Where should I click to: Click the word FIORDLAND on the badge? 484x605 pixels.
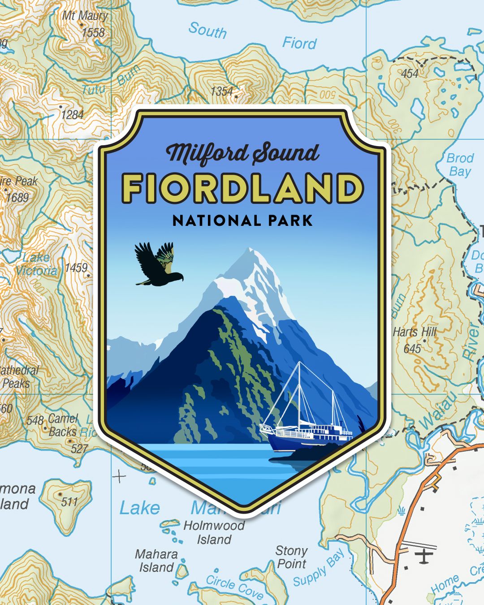pos(242,188)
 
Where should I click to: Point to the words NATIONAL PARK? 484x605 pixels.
pos(242,220)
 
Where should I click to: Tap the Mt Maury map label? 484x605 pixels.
pos(85,16)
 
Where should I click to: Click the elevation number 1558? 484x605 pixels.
pos(93,33)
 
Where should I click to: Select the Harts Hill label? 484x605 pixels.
pos(415,332)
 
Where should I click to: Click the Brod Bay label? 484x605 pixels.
pos(460,164)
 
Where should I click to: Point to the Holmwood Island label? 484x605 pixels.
pos(214,532)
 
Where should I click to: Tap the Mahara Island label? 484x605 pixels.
pos(156,561)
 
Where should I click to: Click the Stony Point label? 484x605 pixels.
pos(291,557)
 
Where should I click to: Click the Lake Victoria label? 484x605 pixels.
pos(36,264)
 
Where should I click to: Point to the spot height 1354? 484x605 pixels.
pos(222,91)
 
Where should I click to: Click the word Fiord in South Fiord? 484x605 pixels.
pos(299,43)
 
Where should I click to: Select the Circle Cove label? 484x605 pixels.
pos(234,587)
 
